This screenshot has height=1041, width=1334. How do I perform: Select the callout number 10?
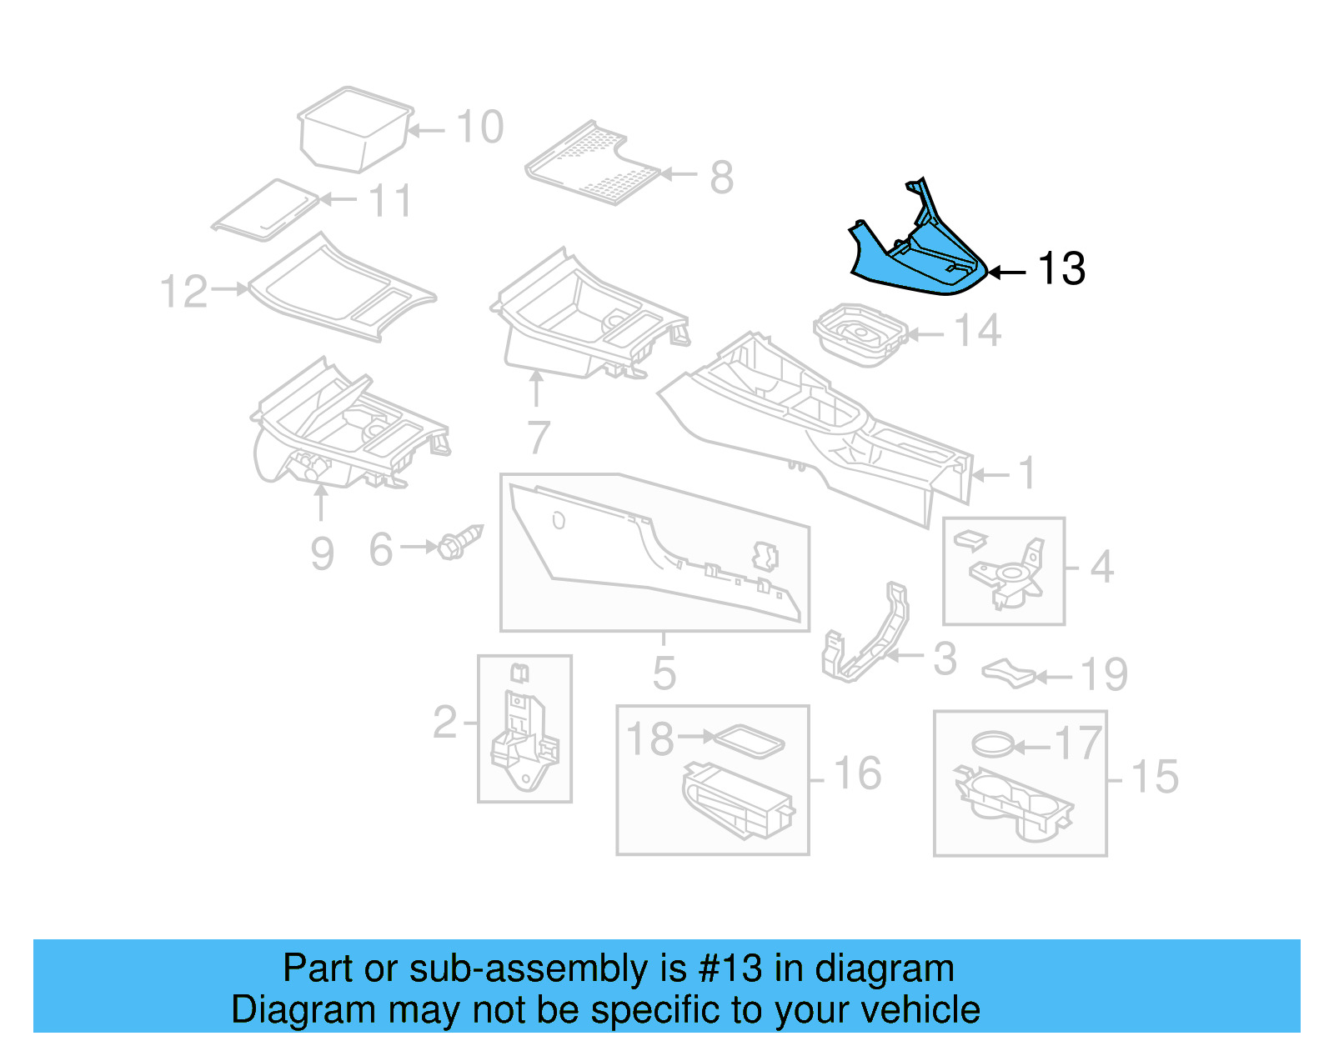point(480,127)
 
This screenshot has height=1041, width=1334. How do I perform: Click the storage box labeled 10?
point(355,129)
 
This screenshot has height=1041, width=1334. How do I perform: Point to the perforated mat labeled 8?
point(593,163)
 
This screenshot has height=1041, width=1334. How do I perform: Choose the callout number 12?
point(183,291)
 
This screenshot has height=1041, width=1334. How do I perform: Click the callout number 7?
point(538,438)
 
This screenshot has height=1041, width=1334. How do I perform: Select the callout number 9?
point(323,553)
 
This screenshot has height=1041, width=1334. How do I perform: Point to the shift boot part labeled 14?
point(860,335)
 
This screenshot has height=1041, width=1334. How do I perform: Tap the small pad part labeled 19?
point(1009,673)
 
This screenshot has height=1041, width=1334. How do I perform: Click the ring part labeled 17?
point(993,744)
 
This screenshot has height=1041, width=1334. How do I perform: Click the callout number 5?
point(664,673)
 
